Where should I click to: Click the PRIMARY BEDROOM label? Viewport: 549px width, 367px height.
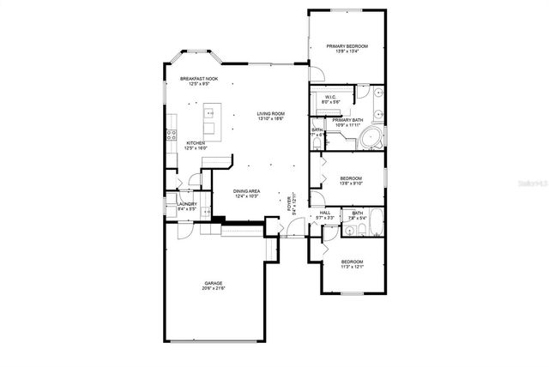click(x=347, y=45)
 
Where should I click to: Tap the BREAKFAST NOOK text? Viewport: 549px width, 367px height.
click(x=198, y=79)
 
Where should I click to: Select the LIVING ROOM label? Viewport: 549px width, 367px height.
click(x=271, y=114)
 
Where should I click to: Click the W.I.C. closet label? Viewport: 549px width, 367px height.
click(x=330, y=97)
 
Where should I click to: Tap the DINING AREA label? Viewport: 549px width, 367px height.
click(x=246, y=191)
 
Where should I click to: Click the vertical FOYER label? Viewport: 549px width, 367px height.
click(x=289, y=204)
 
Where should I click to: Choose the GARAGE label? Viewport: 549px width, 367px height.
click(x=213, y=283)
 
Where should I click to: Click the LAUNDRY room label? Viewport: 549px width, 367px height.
click(x=187, y=203)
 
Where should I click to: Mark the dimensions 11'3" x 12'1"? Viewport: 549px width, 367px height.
click(x=353, y=267)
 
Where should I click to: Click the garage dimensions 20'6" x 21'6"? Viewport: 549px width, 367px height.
click(x=214, y=289)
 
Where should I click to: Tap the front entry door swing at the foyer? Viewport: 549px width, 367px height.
click(x=294, y=227)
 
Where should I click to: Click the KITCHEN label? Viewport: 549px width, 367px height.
click(x=196, y=142)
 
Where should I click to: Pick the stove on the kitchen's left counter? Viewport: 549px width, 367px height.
click(x=169, y=135)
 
